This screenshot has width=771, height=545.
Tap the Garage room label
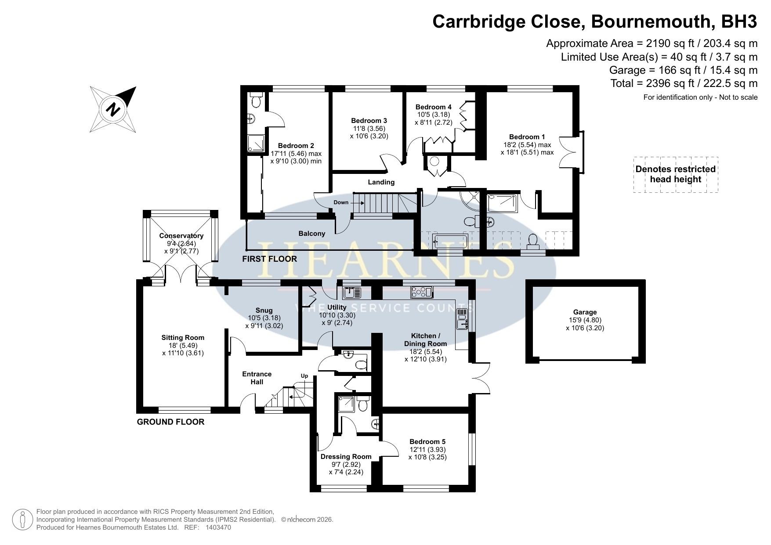tap(585, 312)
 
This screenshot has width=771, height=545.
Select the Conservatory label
tap(181, 236)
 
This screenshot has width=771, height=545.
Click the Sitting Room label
tap(183, 338)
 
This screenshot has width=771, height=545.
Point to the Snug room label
tap(264, 310)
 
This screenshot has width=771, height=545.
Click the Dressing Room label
tap(346, 457)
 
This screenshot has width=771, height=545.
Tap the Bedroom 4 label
tap(434, 107)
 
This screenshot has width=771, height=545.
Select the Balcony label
tap(312, 234)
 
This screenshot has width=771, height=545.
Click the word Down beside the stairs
tap(341, 202)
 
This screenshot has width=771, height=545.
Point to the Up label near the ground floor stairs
tap(304, 376)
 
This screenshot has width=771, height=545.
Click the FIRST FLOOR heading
tap(270, 259)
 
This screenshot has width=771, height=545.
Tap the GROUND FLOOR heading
tap(171, 422)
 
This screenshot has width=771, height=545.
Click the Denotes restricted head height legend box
tap(676, 174)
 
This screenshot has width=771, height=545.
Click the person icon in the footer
tap(23, 520)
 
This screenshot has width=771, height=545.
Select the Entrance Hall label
tap(257, 378)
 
